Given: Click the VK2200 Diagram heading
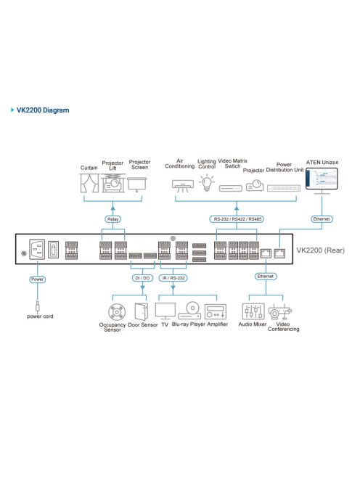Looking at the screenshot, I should tap(43, 110).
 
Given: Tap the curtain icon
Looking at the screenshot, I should tap(89, 184).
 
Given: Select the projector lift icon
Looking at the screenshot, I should tap(112, 183).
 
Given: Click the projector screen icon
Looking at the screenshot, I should tap(138, 183).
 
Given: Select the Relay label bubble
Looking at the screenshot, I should tap(113, 217).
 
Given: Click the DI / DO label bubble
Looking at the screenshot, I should tap(142, 277).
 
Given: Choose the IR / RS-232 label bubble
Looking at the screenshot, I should tap(175, 277).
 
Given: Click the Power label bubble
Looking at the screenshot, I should tap(36, 278).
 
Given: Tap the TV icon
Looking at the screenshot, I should tap(165, 311).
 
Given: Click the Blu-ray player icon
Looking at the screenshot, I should tap(189, 311).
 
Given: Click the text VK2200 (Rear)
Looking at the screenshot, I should tap(320, 250).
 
